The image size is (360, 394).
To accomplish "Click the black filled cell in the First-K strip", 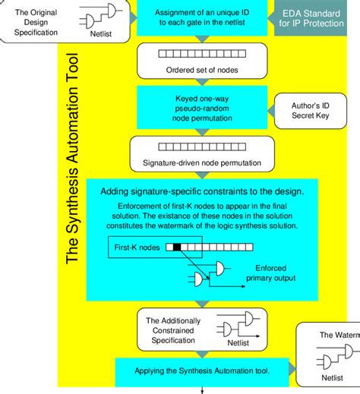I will [178, 247].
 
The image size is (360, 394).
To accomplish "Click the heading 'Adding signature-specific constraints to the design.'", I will [202, 192].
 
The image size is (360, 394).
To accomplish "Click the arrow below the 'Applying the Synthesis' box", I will [203, 389].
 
